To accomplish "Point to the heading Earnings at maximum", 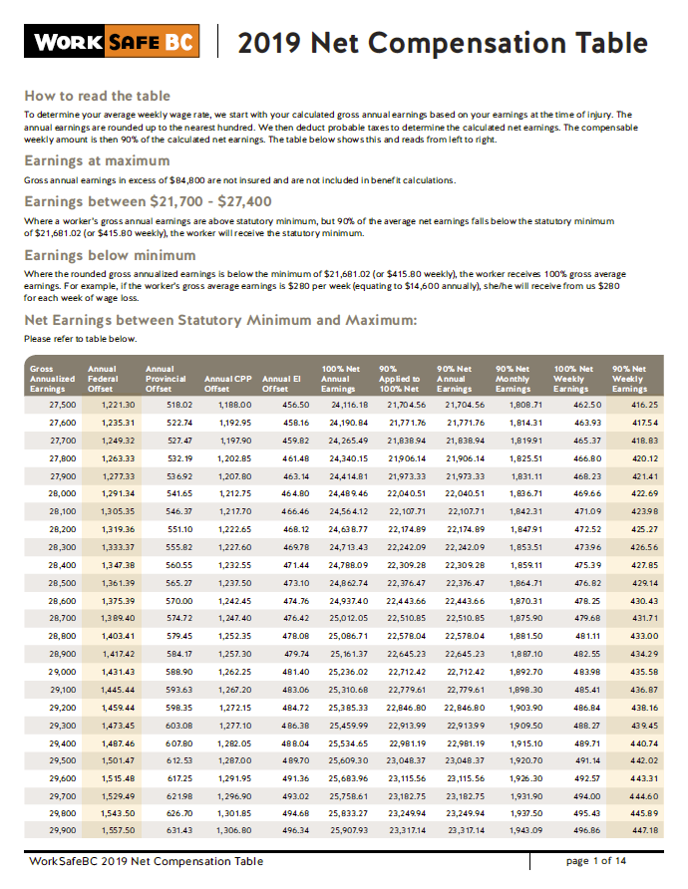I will pyautogui.click(x=97, y=160).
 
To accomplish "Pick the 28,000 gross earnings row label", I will pyautogui.click(x=63, y=493).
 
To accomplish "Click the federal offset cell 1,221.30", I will pyautogui.click(x=118, y=405).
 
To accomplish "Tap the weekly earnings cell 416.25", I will pyautogui.click(x=645, y=405).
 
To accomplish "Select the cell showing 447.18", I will pyautogui.click(x=645, y=829).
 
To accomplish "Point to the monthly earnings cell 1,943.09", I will pyautogui.click(x=525, y=829).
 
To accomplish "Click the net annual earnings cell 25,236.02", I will pyautogui.click(x=349, y=672).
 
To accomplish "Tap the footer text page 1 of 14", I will pyautogui.click(x=596, y=860).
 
